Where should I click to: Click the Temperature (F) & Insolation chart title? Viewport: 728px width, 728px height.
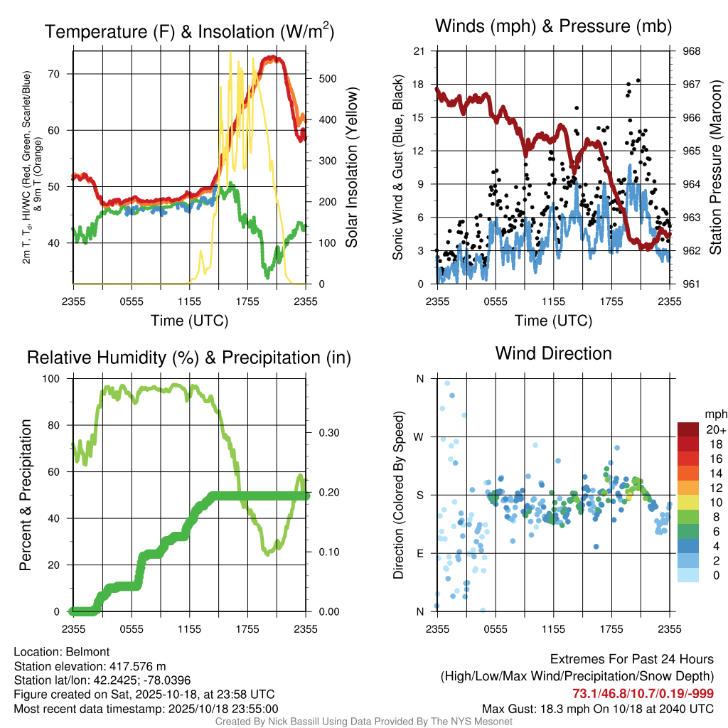pyautogui.click(x=189, y=32)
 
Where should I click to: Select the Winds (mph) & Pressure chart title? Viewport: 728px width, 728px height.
pyautogui.click(x=553, y=26)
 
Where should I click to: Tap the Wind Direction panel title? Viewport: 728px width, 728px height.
pyautogui.click(x=553, y=353)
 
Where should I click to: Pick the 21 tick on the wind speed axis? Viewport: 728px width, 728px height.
pyautogui.click(x=419, y=51)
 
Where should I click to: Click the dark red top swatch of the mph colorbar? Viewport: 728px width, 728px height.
pyautogui.click(x=688, y=429)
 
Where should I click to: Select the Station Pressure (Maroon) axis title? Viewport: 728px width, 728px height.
pyautogui.click(x=716, y=168)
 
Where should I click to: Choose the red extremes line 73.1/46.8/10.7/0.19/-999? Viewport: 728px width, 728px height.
pyautogui.click(x=643, y=693)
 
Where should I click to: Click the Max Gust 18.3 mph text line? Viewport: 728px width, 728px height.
pyautogui.click(x=597, y=708)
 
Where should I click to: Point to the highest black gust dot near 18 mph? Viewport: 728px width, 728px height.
pyautogui.click(x=638, y=81)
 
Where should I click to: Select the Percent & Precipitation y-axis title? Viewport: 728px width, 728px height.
pyautogui.click(x=26, y=495)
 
